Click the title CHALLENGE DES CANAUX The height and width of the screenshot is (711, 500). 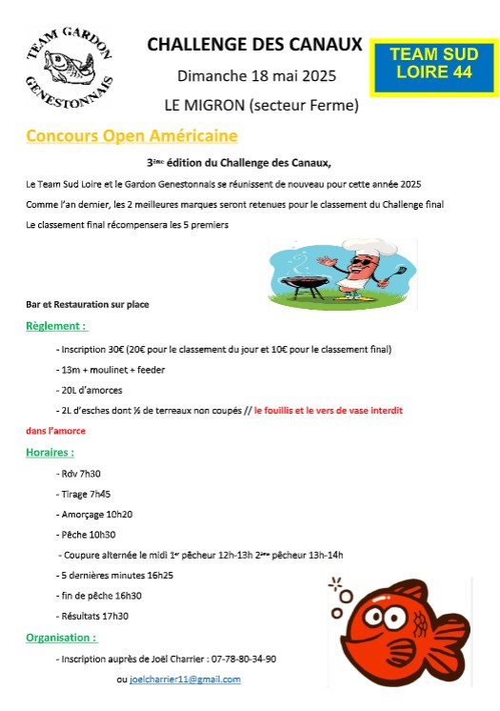pyautogui.click(x=254, y=44)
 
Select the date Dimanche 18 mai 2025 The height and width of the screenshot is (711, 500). pyautogui.click(x=256, y=75)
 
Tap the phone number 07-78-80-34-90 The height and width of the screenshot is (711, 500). pyautogui.click(x=243, y=659)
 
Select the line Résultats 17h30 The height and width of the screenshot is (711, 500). pyautogui.click(x=95, y=617)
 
